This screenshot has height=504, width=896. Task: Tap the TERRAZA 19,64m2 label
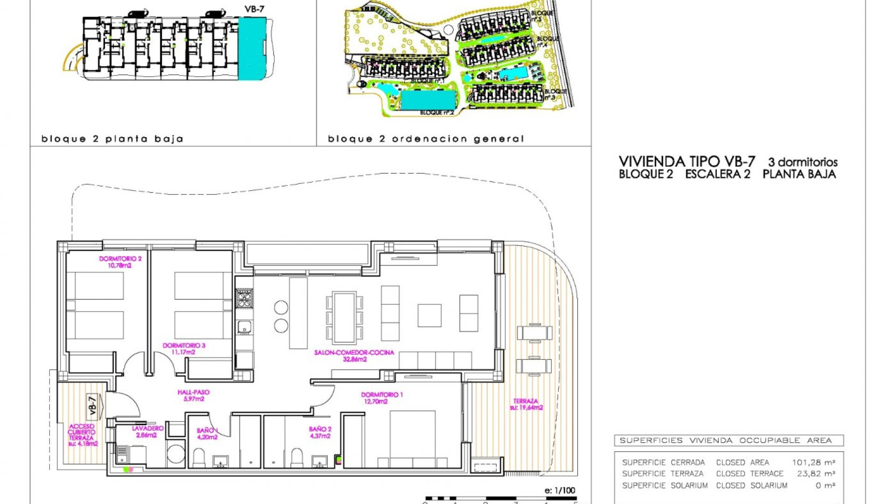click(526, 404)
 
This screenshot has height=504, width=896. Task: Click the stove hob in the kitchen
click(244, 298)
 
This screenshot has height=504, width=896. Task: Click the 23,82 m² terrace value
click(816, 474)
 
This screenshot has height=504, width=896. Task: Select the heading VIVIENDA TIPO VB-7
click(686, 161)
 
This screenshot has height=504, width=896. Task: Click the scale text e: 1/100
click(560, 490)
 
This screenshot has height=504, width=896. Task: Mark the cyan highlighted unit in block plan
click(252, 48)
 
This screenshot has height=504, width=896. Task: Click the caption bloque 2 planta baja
click(112, 139)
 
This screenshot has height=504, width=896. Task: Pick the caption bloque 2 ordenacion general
click(426, 139)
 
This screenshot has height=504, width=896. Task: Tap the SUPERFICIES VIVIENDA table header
click(726, 440)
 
